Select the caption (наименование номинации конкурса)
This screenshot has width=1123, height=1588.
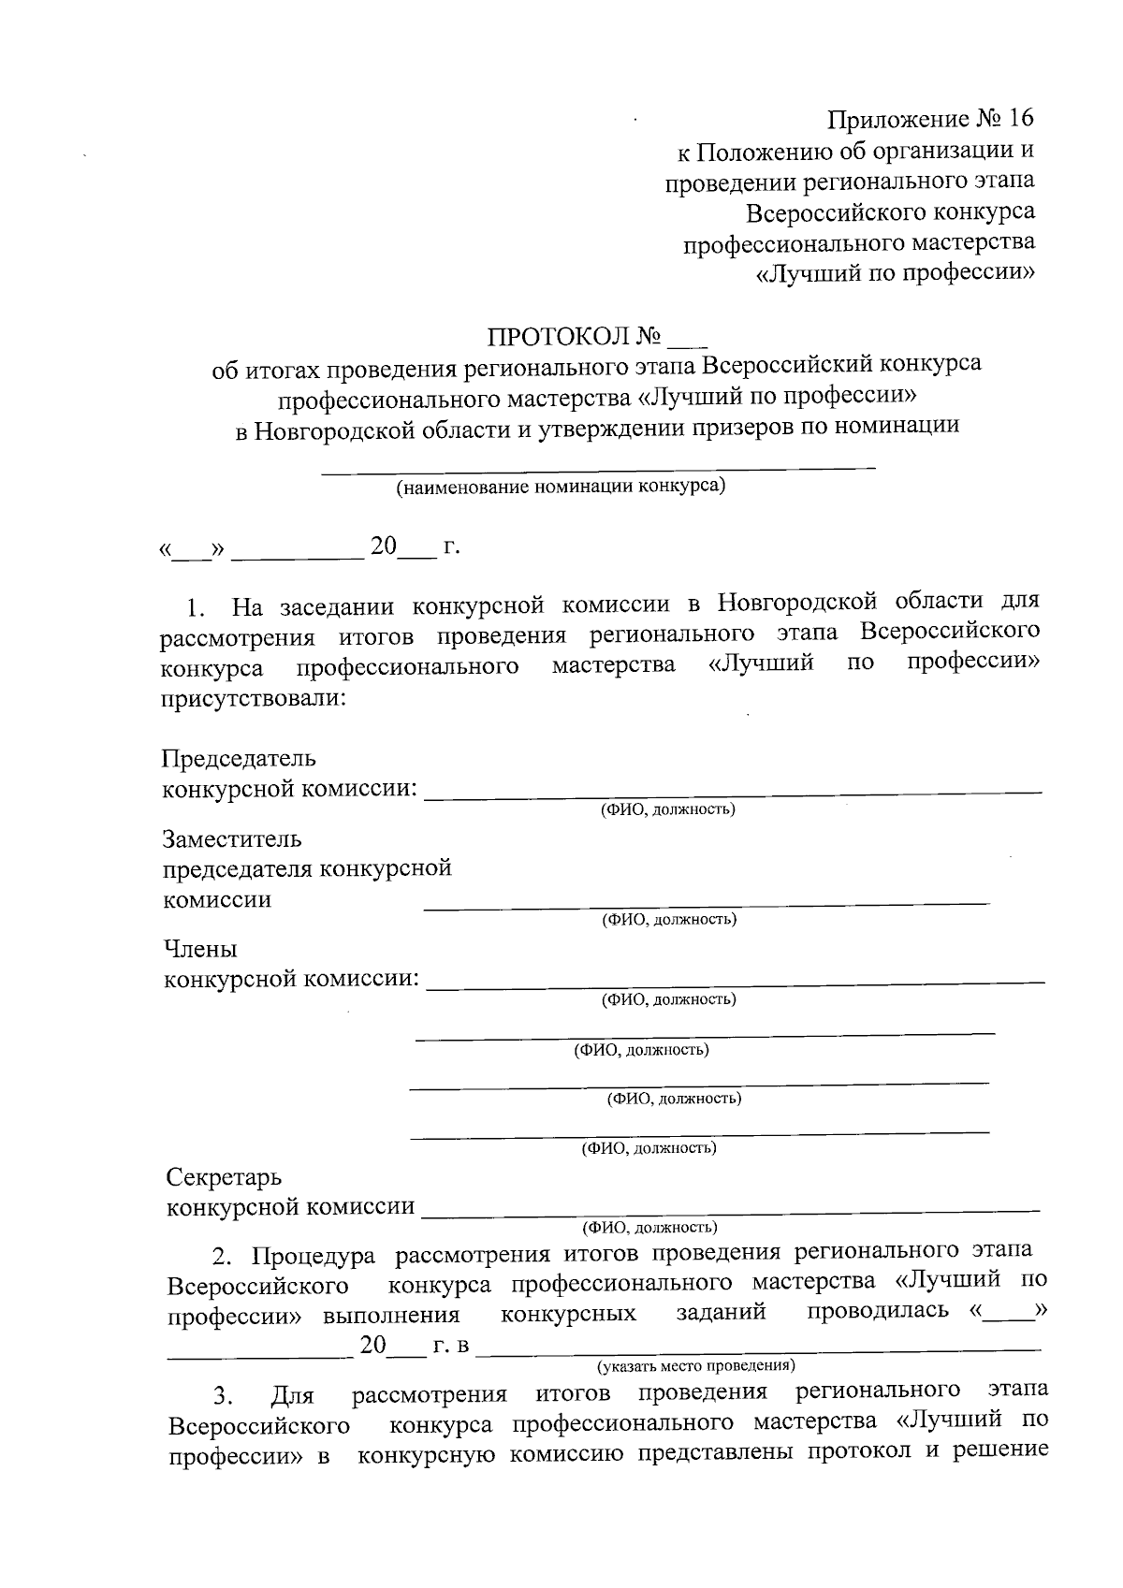tap(560, 487)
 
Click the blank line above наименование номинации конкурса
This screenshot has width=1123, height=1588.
tap(599, 464)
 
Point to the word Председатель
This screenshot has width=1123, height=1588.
tap(240, 757)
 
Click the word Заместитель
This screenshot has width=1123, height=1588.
tap(232, 838)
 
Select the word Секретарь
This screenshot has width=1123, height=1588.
tap(224, 1176)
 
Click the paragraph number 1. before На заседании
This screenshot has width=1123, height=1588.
tap(196, 609)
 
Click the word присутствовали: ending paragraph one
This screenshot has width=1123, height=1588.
tap(253, 698)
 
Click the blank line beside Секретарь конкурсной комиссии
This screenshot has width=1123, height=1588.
tap(730, 1211)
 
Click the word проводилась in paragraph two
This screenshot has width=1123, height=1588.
tap(878, 1311)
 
